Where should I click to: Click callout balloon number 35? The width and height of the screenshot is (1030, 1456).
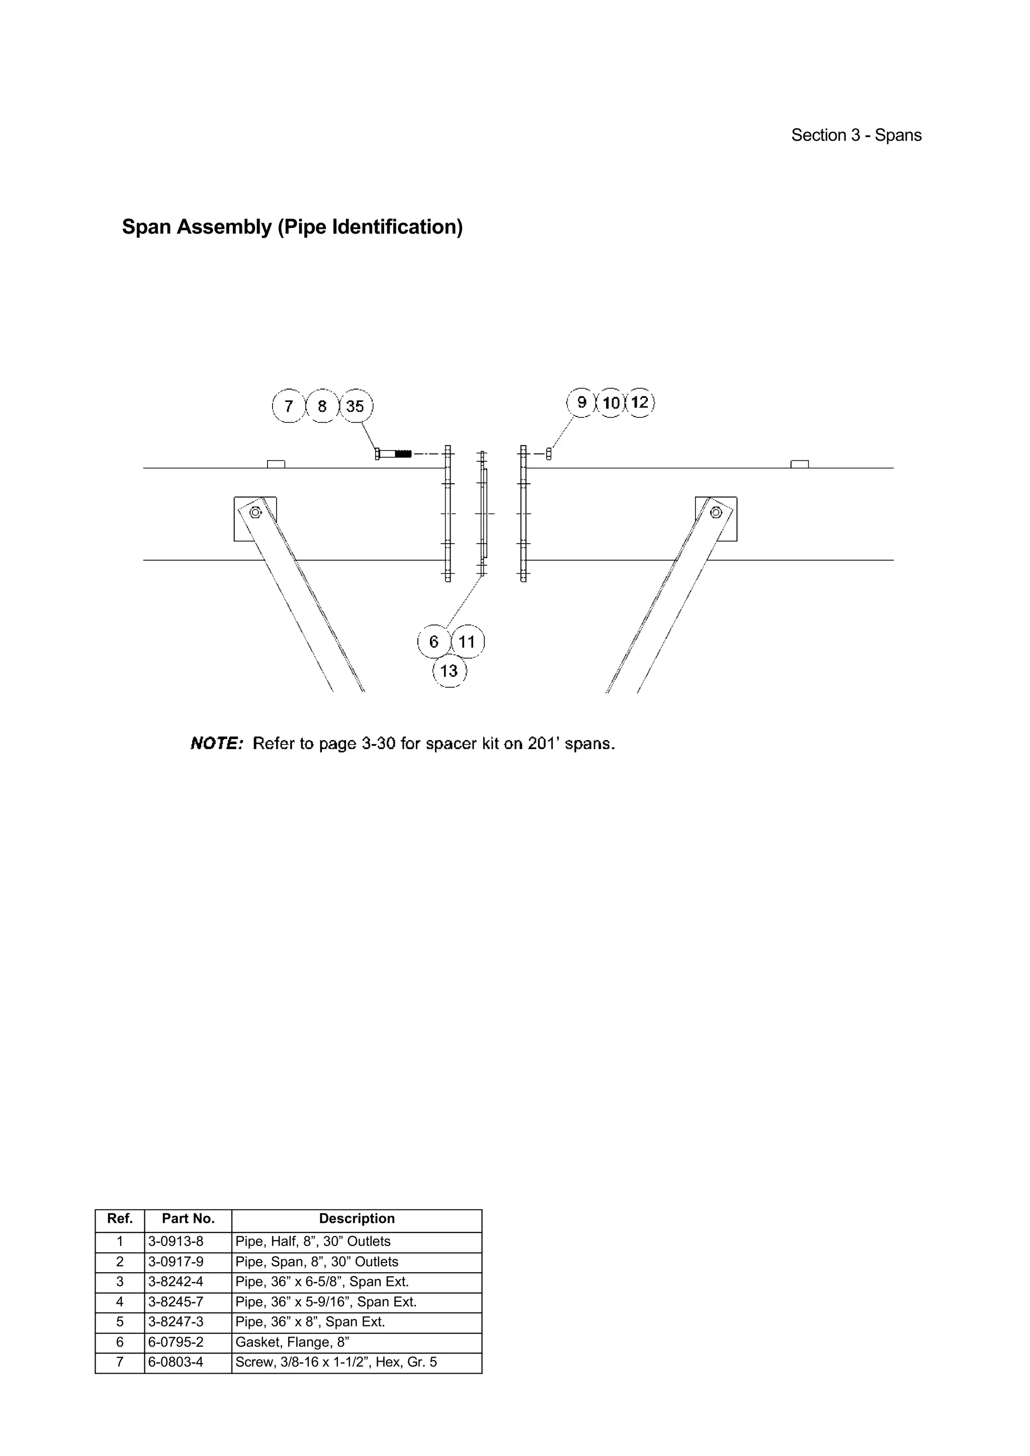356,406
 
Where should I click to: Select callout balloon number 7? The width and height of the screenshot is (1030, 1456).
289,406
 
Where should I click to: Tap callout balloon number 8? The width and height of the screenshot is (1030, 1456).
322,406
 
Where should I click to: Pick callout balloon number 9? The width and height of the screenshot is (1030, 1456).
581,402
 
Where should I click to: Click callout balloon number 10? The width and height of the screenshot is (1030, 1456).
611,402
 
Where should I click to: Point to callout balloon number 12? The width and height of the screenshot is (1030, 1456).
640,402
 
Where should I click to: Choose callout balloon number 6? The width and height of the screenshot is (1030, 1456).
434,641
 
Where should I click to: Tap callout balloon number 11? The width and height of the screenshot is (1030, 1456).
467,641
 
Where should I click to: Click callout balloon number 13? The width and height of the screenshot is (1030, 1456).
449,671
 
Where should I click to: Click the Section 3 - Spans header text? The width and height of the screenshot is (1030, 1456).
856,135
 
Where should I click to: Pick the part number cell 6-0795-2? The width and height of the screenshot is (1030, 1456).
176,1342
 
